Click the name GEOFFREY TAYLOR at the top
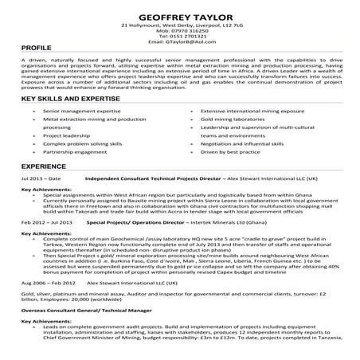(179, 15)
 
